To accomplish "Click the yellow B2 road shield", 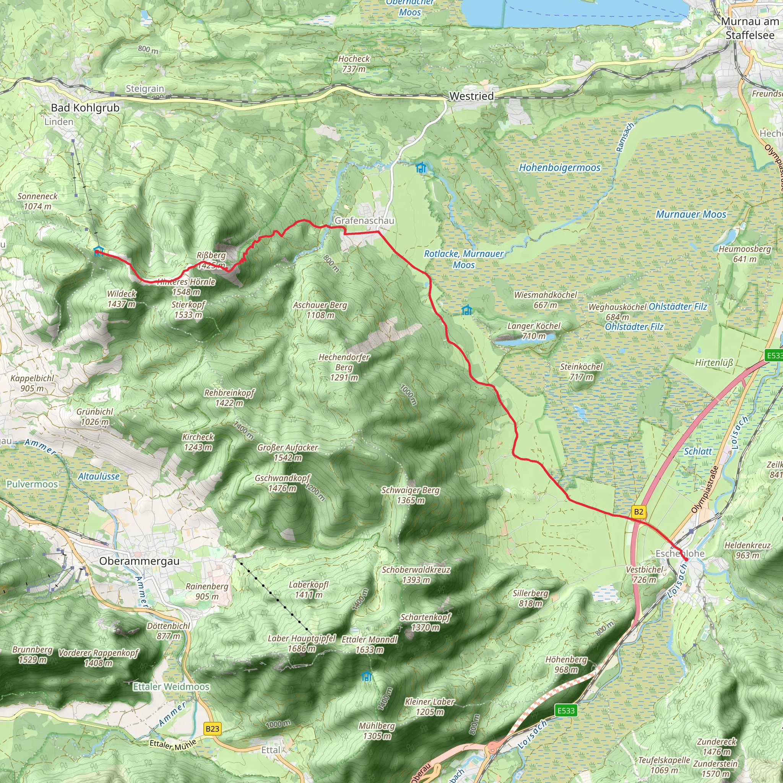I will point(638,512).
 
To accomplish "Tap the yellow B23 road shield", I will point(212,729).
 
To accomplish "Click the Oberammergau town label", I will point(139,561).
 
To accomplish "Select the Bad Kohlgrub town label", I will point(85,108).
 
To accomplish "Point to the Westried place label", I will point(471,96).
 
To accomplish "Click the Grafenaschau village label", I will point(364,221).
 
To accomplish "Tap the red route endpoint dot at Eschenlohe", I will point(686,560).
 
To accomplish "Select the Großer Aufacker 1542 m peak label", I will point(288,452).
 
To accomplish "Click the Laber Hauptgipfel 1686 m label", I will point(302,643).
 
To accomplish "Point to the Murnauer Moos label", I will point(691,214).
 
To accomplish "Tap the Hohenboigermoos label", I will point(559,167).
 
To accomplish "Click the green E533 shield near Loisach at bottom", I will point(566,710).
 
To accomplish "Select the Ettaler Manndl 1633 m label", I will point(369,644).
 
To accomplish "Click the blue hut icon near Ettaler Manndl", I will point(366,676).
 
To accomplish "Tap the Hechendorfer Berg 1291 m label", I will point(344,367).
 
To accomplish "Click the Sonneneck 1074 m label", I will point(37,201).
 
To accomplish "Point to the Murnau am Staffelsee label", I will point(750,28).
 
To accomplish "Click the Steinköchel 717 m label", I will point(581,372).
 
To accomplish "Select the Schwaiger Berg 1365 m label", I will point(410,495).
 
